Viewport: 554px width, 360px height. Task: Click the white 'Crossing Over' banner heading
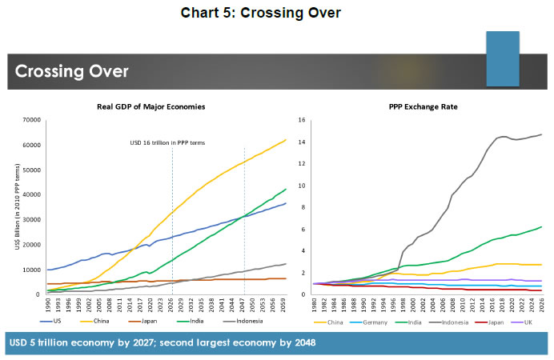(x=72, y=70)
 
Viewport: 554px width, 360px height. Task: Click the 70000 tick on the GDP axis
(x=31, y=120)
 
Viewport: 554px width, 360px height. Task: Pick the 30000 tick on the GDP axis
(x=31, y=220)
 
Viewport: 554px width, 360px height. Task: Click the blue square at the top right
(x=504, y=59)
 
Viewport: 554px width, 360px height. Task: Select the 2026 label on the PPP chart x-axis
(x=541, y=305)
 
